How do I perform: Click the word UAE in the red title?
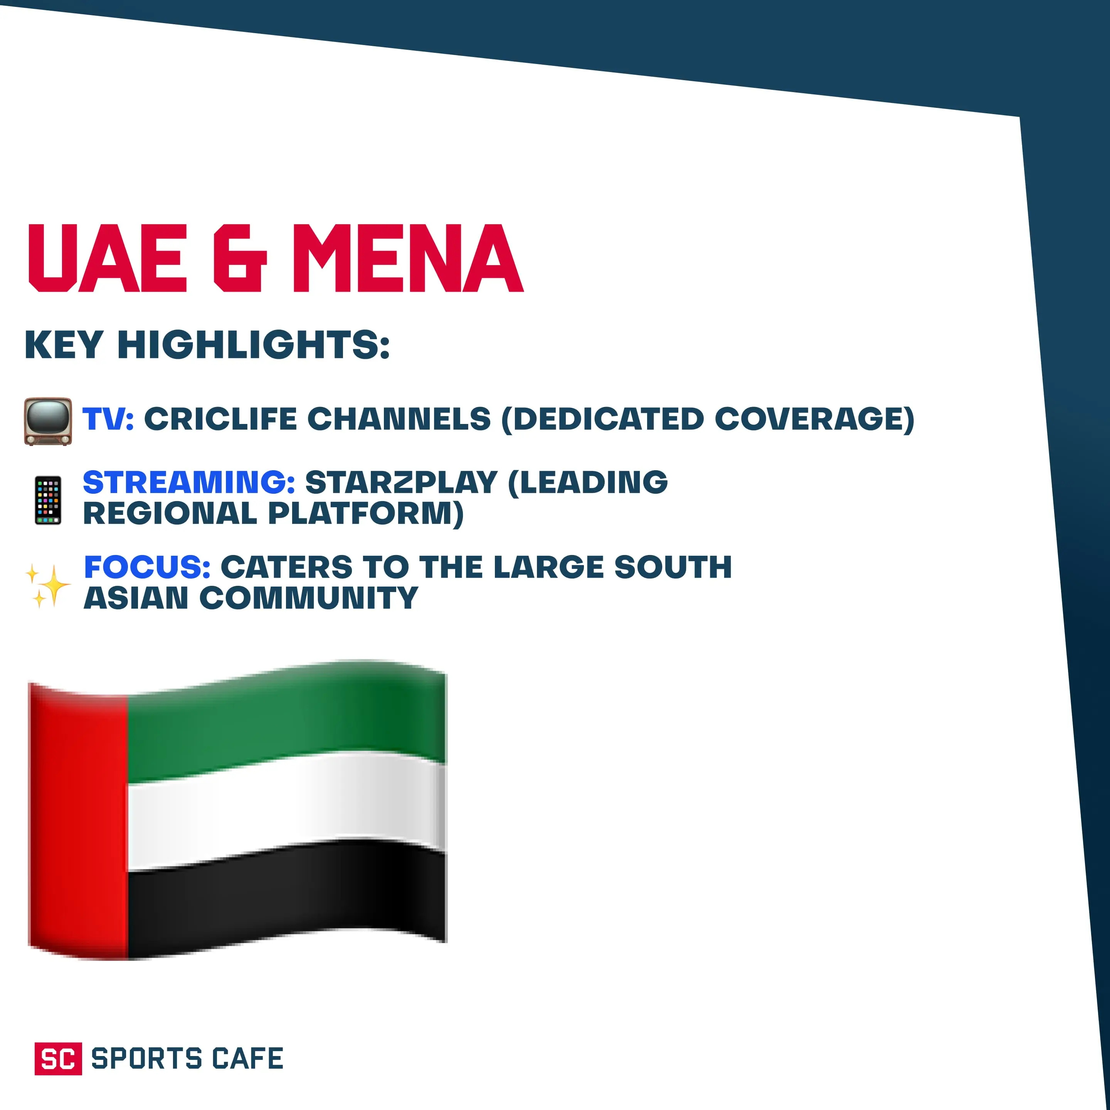108,259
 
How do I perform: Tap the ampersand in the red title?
240,259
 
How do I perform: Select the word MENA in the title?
408,259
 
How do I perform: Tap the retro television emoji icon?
48,421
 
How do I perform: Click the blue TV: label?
108,419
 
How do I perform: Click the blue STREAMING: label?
189,482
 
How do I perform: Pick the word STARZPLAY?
401,482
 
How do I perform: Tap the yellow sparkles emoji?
48,585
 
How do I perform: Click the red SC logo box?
58,1058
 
